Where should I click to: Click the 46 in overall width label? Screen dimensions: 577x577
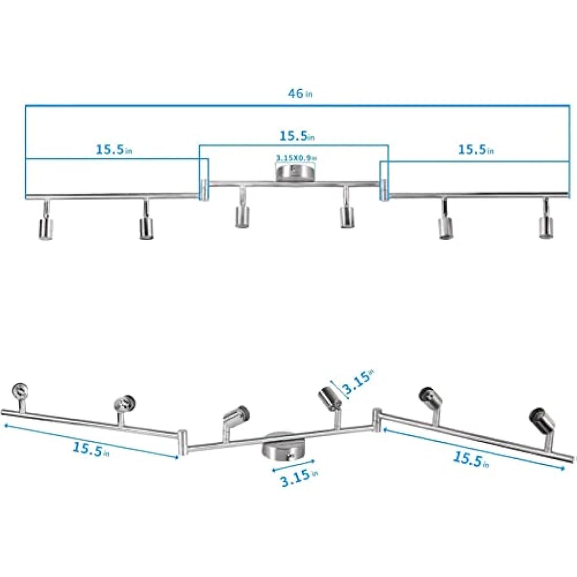pos(300,94)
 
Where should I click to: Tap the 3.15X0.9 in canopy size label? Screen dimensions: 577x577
pos(296,157)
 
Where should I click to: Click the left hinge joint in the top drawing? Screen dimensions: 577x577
pos(204,189)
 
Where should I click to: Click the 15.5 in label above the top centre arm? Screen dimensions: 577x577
pos(296,136)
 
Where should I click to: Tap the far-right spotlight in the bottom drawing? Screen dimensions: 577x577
pos(542,418)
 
